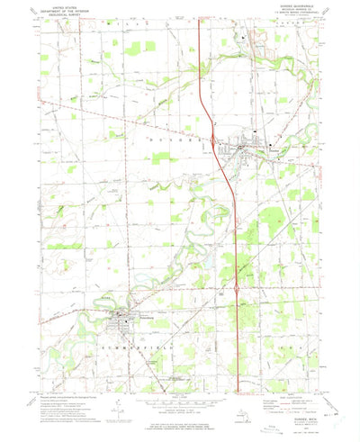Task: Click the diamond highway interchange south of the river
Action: pos(237,290)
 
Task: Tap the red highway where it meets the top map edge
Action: pos(199,21)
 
